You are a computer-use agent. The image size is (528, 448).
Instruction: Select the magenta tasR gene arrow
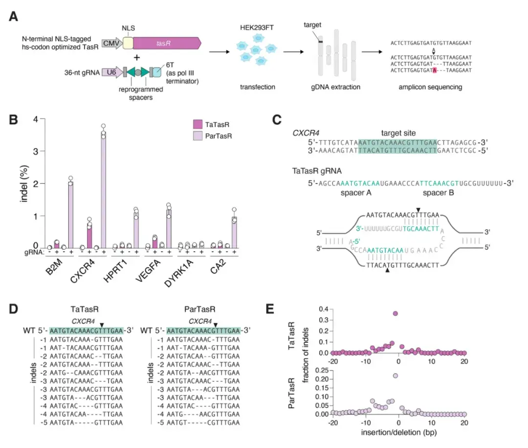[x=166, y=43]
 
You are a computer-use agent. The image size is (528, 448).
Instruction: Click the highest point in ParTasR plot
[x=396, y=376]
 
